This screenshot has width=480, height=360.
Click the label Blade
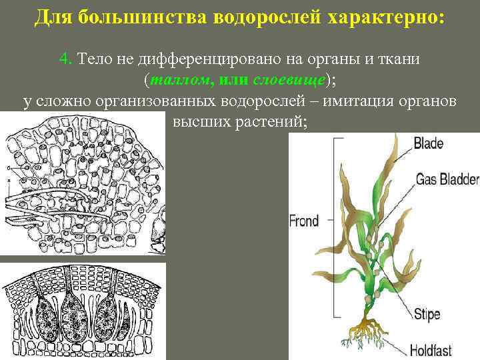click(x=429, y=143)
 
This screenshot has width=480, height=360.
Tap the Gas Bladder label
click(x=447, y=179)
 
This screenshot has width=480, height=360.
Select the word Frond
click(x=305, y=221)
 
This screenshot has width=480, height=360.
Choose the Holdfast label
click(x=437, y=348)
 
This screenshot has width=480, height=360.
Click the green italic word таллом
click(x=179, y=80)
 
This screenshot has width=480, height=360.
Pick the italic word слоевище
click(x=289, y=80)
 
